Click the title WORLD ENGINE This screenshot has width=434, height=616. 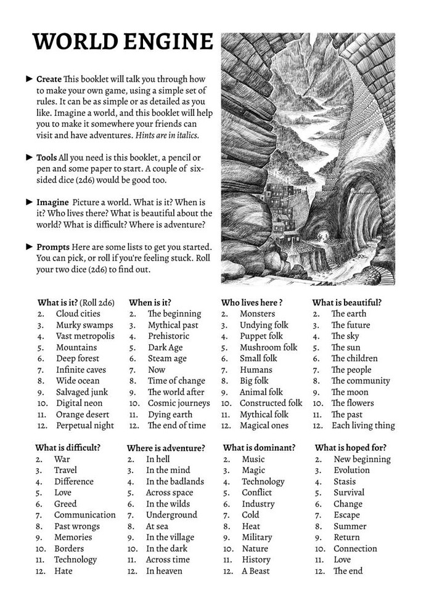pyautogui.click(x=122, y=41)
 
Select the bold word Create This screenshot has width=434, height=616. pyautogui.click(x=49, y=79)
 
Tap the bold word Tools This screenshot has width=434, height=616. pyautogui.click(x=47, y=157)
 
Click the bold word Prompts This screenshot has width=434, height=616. pyautogui.click(x=53, y=246)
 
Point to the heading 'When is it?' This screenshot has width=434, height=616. pyautogui.click(x=150, y=302)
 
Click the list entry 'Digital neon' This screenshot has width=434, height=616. pyautogui.click(x=79, y=403)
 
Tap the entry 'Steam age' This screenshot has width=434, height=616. pyautogui.click(x=167, y=359)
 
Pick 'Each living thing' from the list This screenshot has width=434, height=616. pyautogui.click(x=362, y=425)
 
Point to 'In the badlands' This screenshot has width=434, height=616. pyautogui.click(x=174, y=481)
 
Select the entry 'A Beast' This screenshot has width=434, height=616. pyautogui.click(x=255, y=570)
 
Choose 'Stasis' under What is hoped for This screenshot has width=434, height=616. pyautogui.click(x=345, y=481)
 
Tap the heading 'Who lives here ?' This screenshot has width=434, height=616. pyautogui.click(x=252, y=302)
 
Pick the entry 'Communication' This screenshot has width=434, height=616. pyautogui.click(x=84, y=514)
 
